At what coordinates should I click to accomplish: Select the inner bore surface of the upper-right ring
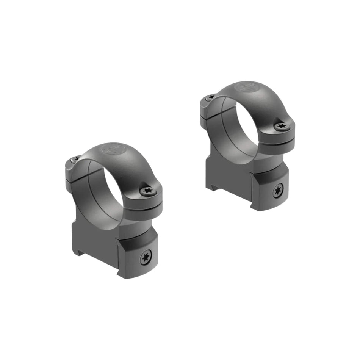tap(227, 129)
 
